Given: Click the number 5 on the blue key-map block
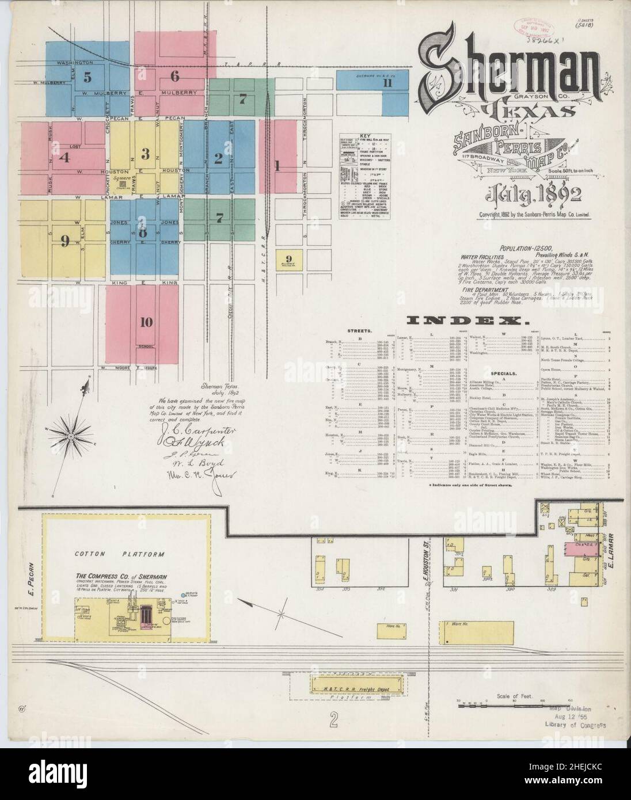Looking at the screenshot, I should pyautogui.click(x=87, y=77).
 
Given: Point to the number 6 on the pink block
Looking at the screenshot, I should pyautogui.click(x=175, y=76).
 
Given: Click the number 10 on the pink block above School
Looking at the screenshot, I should pyautogui.click(x=146, y=322).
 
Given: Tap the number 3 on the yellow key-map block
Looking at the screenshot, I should pyautogui.click(x=146, y=154).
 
